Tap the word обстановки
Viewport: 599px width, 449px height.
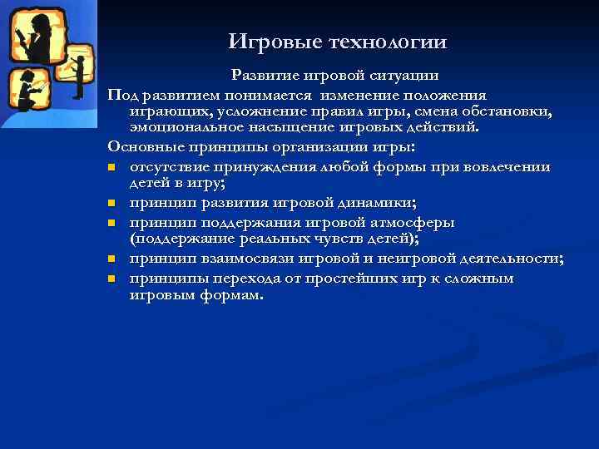(x=508, y=111)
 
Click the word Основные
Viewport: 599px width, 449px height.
(x=146, y=147)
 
